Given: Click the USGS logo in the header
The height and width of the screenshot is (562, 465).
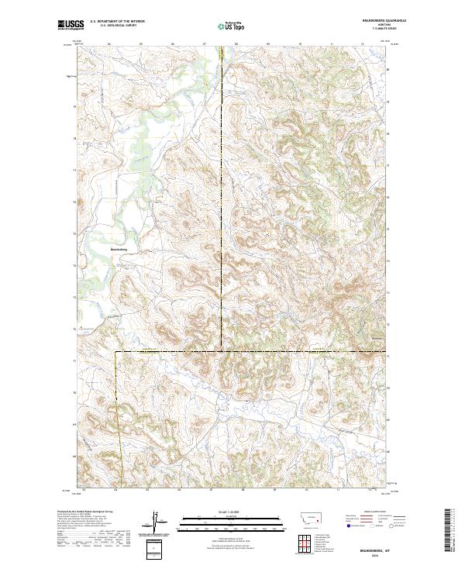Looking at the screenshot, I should tap(70, 26).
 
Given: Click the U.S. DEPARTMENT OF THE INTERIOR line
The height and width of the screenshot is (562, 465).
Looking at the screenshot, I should tap(117, 22).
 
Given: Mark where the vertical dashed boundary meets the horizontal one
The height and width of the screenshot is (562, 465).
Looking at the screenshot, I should tap(222, 351).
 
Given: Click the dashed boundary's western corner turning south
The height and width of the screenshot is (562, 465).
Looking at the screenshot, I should tap(116, 351).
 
